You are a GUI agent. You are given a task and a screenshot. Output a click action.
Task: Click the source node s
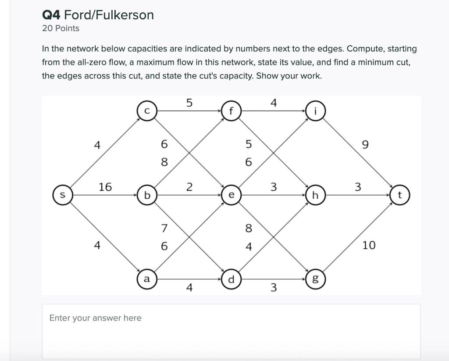click(x=63, y=195)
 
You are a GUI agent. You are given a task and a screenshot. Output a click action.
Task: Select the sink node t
click(x=400, y=195)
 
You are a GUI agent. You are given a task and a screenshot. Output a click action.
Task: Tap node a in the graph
click(x=147, y=279)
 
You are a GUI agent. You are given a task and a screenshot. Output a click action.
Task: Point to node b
click(x=147, y=195)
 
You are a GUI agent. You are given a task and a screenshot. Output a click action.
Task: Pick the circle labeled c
click(x=147, y=111)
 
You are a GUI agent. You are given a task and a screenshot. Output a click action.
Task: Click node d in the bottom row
click(x=232, y=279)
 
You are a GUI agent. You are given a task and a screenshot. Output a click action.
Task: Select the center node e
click(x=232, y=195)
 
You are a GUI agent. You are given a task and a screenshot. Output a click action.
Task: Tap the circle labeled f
click(x=232, y=111)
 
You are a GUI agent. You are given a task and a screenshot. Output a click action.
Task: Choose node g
click(x=316, y=279)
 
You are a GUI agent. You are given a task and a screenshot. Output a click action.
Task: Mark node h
click(x=316, y=195)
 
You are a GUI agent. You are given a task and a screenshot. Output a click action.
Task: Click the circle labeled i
click(x=316, y=111)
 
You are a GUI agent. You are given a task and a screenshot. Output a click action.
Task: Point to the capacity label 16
click(x=105, y=187)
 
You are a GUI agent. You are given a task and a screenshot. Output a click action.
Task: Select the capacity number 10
click(x=369, y=245)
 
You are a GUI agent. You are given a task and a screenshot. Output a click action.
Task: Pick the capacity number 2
click(x=189, y=187)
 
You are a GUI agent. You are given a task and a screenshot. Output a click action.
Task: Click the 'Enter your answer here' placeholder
click(x=95, y=318)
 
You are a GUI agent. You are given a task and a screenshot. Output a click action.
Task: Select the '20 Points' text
click(x=61, y=29)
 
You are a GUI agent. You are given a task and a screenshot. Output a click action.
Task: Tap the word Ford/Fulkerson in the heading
click(x=109, y=15)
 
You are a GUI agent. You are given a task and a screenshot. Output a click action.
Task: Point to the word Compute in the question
click(x=363, y=49)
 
